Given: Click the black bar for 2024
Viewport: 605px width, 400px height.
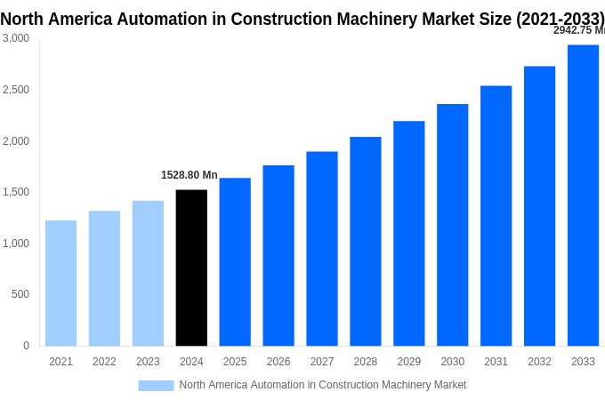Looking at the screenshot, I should (x=191, y=268).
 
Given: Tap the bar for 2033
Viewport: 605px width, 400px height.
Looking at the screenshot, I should (x=583, y=196).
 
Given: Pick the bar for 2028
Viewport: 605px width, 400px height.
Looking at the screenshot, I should (x=365, y=241).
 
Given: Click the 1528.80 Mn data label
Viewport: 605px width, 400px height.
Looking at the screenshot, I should (x=189, y=175).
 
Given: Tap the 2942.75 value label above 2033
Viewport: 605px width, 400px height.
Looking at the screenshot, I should (x=578, y=30).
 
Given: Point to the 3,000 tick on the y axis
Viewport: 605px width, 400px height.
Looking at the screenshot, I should (x=16, y=38).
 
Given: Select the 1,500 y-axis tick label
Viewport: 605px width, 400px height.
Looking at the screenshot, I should (x=16, y=192).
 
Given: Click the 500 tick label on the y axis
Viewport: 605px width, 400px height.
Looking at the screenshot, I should (x=20, y=294).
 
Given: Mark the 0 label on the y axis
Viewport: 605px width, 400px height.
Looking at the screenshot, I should (x=26, y=346).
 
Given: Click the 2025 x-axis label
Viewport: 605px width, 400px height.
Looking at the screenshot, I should (x=235, y=362).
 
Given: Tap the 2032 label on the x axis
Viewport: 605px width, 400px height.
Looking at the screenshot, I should (x=539, y=362).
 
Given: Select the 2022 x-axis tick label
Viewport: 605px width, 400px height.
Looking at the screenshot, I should (x=104, y=362).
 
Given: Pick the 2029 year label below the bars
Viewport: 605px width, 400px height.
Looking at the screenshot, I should (x=408, y=362).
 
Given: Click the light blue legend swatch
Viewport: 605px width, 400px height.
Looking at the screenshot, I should (x=156, y=385).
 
